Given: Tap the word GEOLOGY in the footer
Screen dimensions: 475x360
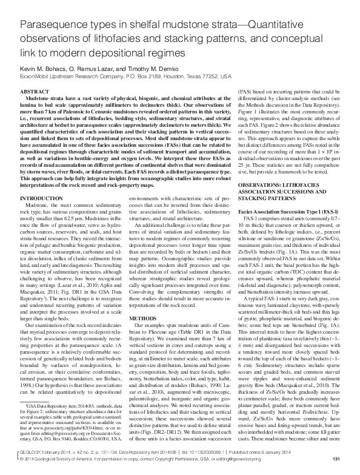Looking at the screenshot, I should pos(33,452).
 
